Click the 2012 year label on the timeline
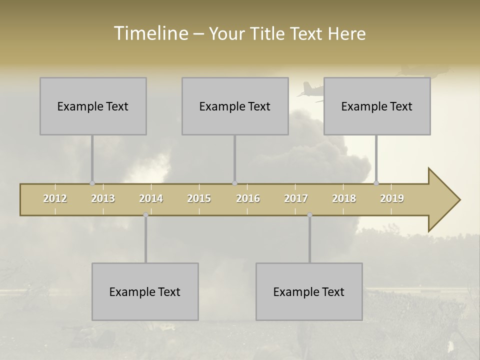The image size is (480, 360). (x=55, y=198)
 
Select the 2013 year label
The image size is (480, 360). (x=103, y=198)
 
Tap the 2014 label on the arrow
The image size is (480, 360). (x=151, y=198)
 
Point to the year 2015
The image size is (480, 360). (x=199, y=198)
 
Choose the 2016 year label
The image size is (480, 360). (x=248, y=198)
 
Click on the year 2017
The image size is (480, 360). (x=296, y=198)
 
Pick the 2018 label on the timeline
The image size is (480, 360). (x=344, y=198)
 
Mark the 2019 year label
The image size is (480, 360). (x=392, y=198)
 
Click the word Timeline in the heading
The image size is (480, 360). (x=150, y=33)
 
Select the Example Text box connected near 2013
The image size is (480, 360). (x=93, y=106)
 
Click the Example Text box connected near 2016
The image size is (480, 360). (x=235, y=106)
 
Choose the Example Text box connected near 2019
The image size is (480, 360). (x=377, y=106)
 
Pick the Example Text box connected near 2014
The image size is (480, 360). (x=145, y=291)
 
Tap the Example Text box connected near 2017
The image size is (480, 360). (x=309, y=291)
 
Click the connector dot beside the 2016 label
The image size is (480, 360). (x=234, y=183)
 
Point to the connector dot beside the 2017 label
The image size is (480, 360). (x=310, y=215)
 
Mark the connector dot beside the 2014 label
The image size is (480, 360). (x=145, y=215)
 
